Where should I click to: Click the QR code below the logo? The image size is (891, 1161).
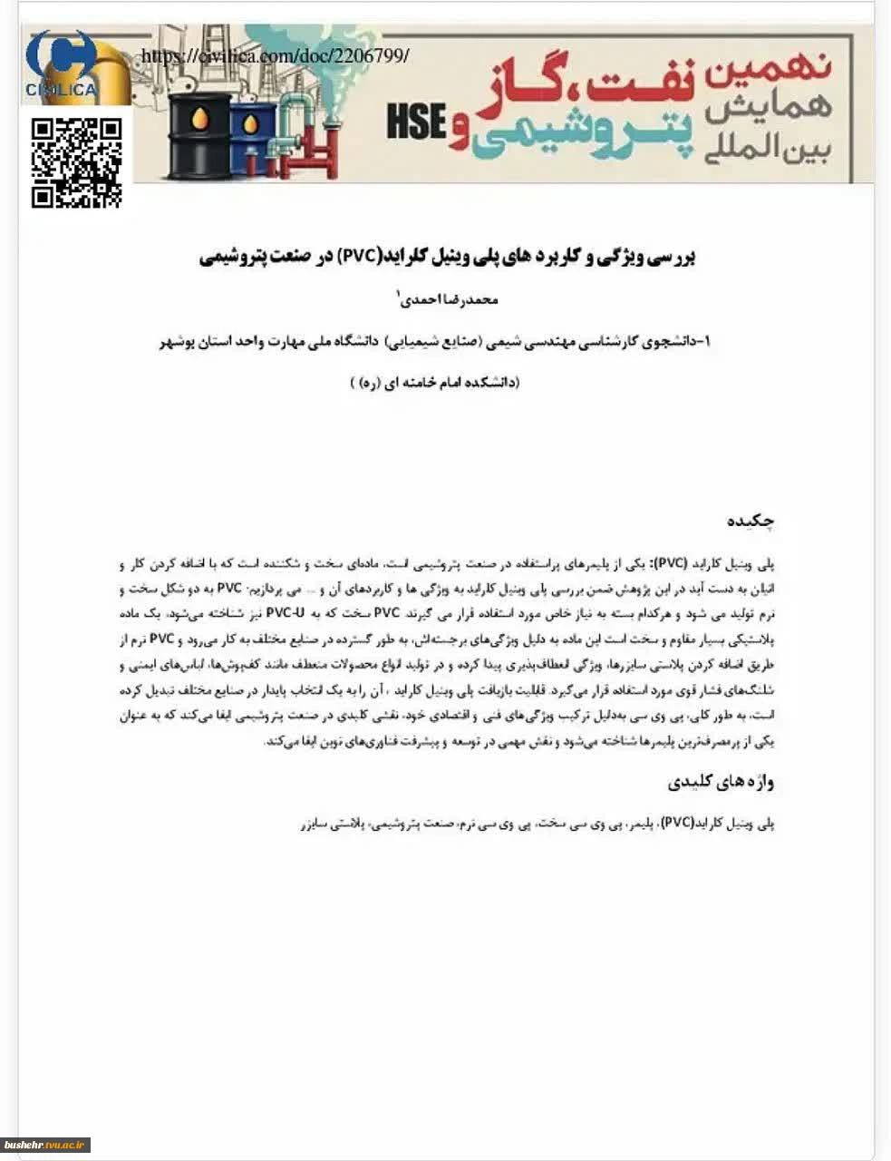tap(77, 163)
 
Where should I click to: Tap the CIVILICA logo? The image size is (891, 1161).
tap(62, 65)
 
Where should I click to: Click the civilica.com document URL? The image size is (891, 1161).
tap(276, 56)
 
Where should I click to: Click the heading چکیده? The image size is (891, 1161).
tap(751, 522)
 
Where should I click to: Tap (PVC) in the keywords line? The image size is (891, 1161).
tap(677, 824)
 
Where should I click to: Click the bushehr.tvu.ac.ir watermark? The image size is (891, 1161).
tap(44, 1145)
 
